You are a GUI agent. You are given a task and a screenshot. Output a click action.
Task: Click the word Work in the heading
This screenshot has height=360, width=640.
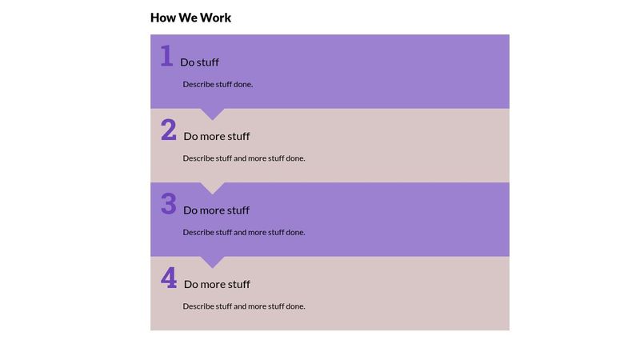(x=215, y=18)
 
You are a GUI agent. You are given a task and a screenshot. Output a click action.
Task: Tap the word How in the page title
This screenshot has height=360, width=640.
(x=163, y=18)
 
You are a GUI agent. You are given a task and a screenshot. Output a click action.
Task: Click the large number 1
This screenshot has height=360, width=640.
(x=166, y=55)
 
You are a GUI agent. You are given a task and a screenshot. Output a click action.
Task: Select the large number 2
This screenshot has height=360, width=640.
(x=169, y=130)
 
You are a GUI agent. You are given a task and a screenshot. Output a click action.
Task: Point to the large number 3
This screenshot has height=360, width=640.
(x=169, y=204)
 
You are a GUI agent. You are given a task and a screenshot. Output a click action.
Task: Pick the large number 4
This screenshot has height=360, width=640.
(x=169, y=278)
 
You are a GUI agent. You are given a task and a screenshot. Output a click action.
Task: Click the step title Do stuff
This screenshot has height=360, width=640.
(x=199, y=62)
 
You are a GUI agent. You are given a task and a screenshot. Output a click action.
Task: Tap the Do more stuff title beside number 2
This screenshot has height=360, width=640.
(x=217, y=136)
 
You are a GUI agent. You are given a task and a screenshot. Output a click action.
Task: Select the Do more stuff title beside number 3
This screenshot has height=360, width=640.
(x=216, y=210)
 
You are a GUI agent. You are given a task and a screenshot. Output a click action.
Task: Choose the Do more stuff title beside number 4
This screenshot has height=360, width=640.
(x=217, y=284)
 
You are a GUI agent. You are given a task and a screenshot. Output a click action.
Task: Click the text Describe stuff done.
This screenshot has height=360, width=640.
(x=218, y=84)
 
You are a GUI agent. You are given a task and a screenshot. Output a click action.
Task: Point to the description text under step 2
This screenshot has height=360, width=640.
(x=244, y=158)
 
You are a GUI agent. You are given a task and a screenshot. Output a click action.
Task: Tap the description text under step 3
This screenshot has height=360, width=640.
(x=244, y=232)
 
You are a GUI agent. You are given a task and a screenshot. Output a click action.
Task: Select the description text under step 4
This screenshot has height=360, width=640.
(x=244, y=306)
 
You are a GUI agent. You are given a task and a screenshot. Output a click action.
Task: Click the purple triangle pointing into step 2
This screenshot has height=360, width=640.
(x=212, y=114)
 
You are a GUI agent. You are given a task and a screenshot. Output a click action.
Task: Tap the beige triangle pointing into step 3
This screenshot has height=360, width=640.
(x=212, y=187)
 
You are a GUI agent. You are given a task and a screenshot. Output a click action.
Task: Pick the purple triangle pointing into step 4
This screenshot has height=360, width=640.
(x=212, y=262)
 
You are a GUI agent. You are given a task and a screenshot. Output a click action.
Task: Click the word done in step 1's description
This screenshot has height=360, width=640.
(x=243, y=84)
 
